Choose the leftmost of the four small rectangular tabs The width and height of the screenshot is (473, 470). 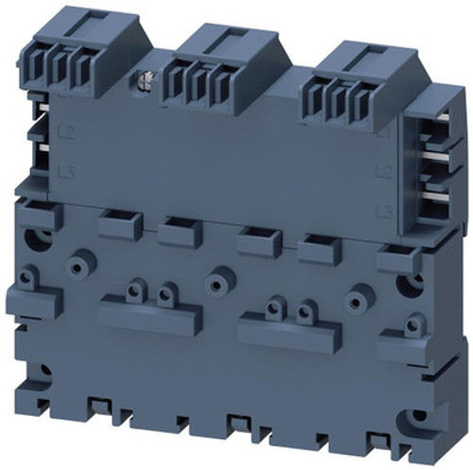click(118, 222)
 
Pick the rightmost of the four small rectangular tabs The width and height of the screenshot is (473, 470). click(318, 248)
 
